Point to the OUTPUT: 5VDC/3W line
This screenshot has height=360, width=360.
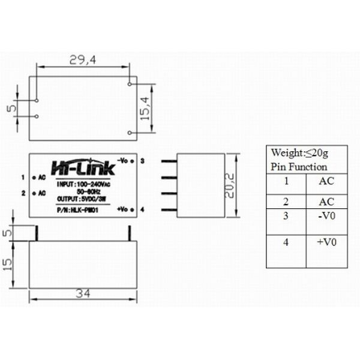82,199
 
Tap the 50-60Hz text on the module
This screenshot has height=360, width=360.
82,191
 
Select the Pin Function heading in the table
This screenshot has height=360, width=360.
299,167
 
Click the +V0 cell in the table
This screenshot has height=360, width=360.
327,242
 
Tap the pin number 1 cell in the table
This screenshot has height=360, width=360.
286,180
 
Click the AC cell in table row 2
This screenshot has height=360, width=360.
327,202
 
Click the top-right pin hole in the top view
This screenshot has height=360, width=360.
130,83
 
